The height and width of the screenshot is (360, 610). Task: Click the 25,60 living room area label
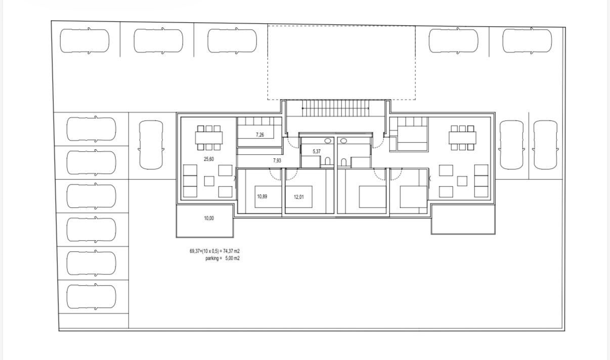209,159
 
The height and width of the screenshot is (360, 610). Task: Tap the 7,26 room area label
260,134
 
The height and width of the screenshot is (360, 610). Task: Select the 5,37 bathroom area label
317,151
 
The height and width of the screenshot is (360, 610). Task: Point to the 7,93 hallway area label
277,161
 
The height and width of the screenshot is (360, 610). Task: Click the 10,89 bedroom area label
262,196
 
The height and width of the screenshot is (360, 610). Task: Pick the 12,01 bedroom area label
299,197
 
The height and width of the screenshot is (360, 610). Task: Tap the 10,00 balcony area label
209,218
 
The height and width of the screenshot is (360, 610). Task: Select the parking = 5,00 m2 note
223,258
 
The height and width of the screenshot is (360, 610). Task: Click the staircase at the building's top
335,108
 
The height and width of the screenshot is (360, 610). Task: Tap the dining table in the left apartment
209,138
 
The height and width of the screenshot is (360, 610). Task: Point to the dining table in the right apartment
462,138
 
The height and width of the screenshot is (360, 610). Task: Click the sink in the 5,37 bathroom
328,141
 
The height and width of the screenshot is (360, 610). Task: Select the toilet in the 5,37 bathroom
328,161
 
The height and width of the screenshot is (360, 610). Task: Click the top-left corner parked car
84,41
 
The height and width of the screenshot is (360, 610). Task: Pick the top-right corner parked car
527,41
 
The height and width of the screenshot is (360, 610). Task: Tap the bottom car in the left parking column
91,297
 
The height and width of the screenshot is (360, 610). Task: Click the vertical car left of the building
151,145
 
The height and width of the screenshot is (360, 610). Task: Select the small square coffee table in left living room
209,181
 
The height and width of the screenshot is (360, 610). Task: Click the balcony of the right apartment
463,219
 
